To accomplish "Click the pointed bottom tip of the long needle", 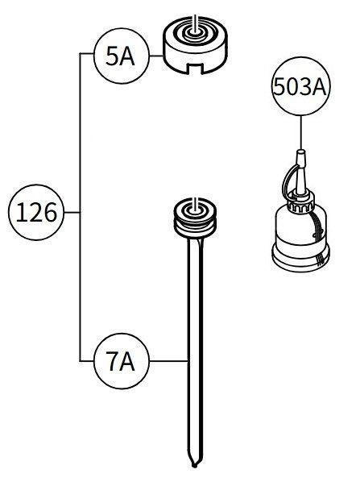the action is tap(194, 466).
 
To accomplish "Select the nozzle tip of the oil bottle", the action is tap(300, 155).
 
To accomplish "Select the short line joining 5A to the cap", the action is tap(156, 56).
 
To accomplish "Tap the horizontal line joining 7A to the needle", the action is tap(169, 361).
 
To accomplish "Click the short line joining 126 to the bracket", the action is tap(72, 212).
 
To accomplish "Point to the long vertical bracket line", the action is tap(81, 207).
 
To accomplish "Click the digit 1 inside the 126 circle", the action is tap(20, 212).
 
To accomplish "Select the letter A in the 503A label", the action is tap(318, 87).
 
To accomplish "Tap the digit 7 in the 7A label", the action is tap(112, 361).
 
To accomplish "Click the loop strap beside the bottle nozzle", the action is tap(289, 178).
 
